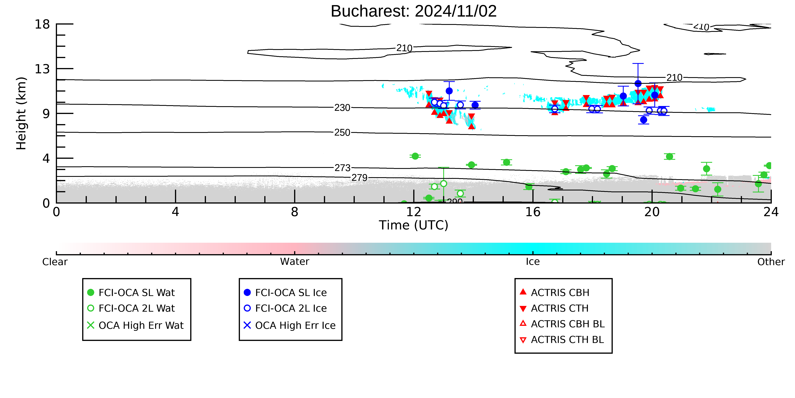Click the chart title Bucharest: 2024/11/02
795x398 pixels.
414,11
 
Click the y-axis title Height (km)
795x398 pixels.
22,113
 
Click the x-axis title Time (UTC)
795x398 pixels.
414,225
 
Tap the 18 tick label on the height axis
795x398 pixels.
42,24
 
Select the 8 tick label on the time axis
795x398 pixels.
295,212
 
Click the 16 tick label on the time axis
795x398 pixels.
533,212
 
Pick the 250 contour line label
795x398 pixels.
342,133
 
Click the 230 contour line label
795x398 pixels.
342,108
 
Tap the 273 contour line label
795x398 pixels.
342,168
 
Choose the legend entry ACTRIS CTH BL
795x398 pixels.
562,340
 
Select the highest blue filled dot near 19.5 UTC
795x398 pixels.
638,83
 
